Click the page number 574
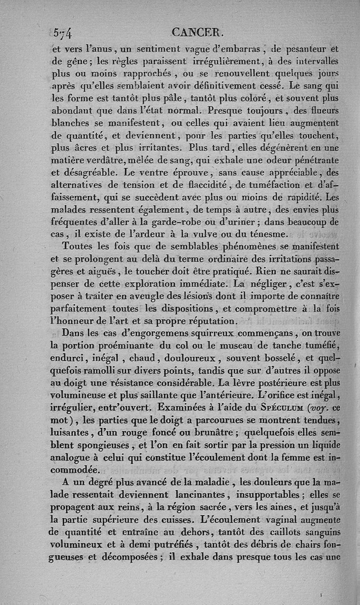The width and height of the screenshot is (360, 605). pos(63,34)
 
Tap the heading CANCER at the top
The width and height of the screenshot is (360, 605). pos(198,33)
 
